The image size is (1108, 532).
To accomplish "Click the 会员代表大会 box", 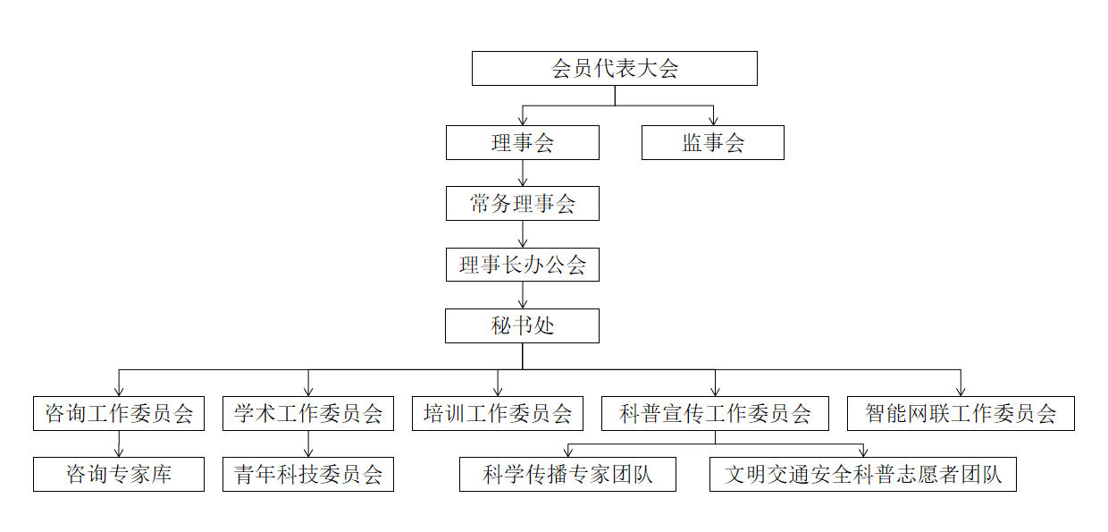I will point(614,69).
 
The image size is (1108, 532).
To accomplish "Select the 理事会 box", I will point(523,143).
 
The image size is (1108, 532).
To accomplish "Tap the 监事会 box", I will point(712,143).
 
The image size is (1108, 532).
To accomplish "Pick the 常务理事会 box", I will point(523,204).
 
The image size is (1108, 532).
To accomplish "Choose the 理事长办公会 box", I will point(523,265).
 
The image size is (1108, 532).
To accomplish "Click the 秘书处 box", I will point(523,325).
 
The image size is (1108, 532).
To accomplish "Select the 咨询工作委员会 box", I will point(119,413).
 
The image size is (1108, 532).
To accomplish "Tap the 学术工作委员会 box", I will point(308,413).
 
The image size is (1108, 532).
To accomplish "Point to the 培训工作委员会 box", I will point(498,413).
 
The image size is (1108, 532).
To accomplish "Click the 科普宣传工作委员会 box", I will point(715,413).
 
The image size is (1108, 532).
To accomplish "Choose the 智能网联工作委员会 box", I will point(961,413).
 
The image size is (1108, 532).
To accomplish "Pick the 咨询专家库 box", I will point(119,474).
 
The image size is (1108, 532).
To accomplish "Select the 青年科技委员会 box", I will point(308,474).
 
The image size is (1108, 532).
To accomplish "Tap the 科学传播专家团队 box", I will point(567,474).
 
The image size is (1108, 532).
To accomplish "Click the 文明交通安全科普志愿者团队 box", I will point(863,474).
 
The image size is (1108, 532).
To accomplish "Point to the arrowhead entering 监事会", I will point(713,121).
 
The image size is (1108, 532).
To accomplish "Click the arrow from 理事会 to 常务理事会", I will point(523,173).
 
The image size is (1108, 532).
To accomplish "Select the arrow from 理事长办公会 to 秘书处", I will point(523,295).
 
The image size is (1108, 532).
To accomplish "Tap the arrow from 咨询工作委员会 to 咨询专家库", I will point(119,444).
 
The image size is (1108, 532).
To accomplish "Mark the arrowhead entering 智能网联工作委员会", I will point(961,391).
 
